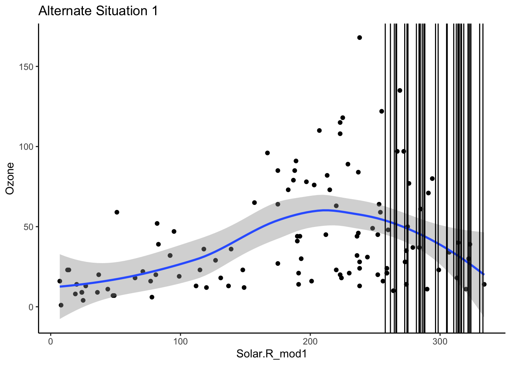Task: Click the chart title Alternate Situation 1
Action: pyautogui.click(x=98, y=11)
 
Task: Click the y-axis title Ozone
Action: pyautogui.click(x=10, y=178)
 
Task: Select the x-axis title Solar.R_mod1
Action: pyautogui.click(x=271, y=354)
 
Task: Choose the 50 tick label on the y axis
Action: pyautogui.click(x=29, y=227)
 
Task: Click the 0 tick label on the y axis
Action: pyautogui.click(x=31, y=307)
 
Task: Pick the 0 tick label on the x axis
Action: pyautogui.click(x=51, y=341)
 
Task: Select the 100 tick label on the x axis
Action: pyautogui.click(x=180, y=341)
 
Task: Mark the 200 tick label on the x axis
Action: pyautogui.click(x=310, y=341)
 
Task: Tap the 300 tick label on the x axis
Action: pyautogui.click(x=440, y=341)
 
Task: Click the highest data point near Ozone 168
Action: pyautogui.click(x=359, y=38)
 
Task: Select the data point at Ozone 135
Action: pyautogui.click(x=400, y=90)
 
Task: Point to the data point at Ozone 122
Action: pyautogui.click(x=381, y=111)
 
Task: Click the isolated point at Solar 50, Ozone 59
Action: pyautogui.click(x=117, y=212)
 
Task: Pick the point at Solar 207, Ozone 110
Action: pyautogui.click(x=319, y=130)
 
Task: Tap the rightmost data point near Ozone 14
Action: pyautogui.click(x=484, y=284)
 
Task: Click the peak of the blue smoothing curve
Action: pyautogui.click(x=325, y=210)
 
